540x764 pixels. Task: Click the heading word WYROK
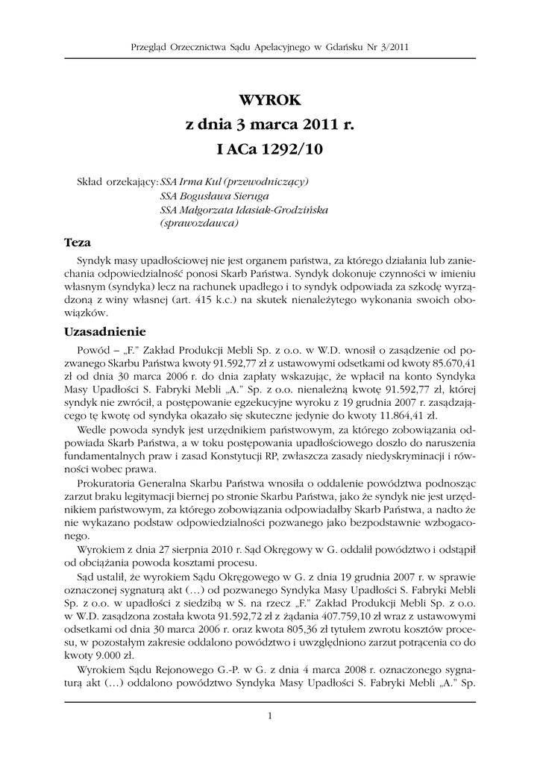click(x=269, y=100)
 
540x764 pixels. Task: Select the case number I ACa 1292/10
click(x=269, y=149)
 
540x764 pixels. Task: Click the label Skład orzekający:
click(x=117, y=182)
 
